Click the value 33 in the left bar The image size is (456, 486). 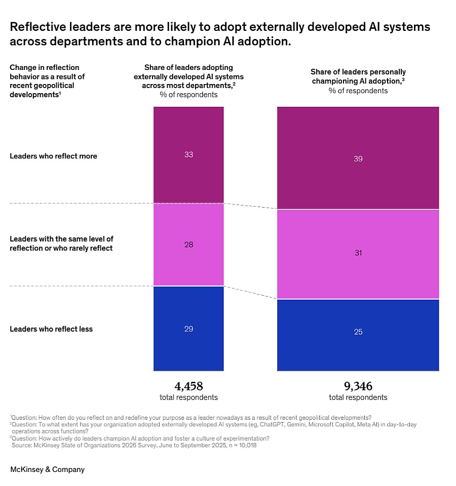pos(188,154)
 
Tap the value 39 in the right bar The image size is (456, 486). pos(358,159)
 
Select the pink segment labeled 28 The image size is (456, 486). pos(188,245)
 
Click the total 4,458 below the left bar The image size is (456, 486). pos(188,386)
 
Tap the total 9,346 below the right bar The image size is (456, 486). pos(358,386)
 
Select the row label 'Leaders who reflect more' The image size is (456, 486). pos(53,156)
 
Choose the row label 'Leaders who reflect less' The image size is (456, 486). pos(51,329)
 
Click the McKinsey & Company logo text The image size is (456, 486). pos(48,469)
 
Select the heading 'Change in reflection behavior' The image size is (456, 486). pos(45,71)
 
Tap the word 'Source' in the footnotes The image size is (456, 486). pos(23,445)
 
